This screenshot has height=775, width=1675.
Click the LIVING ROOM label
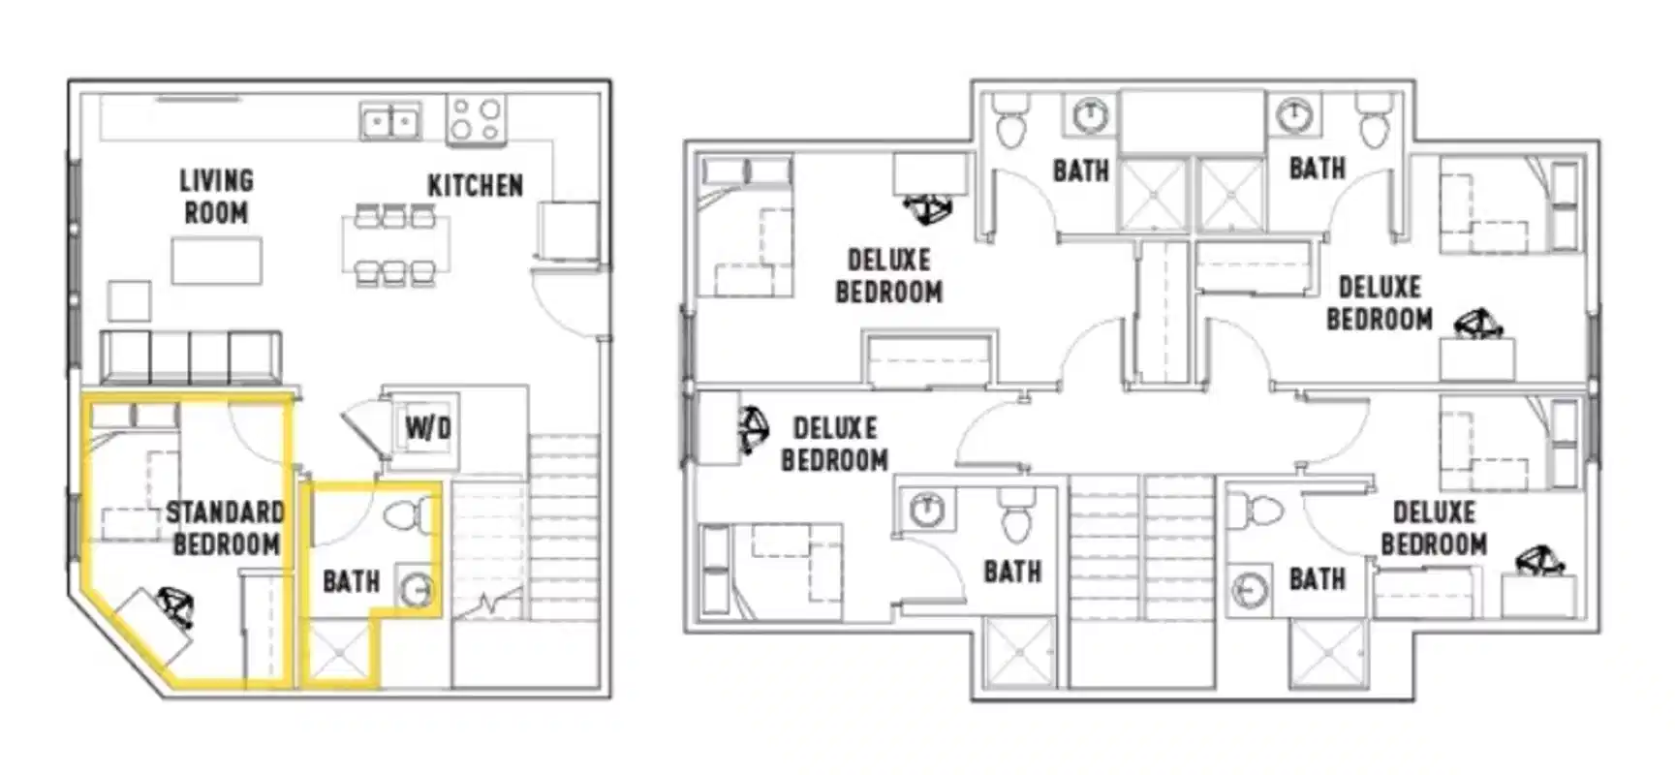tap(216, 197)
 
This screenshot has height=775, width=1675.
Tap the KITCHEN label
tap(475, 185)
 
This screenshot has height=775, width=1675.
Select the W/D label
tap(427, 427)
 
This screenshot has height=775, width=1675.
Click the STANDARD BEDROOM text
tap(226, 528)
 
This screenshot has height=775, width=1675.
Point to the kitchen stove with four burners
tap(476, 120)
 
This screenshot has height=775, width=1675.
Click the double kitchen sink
tap(390, 122)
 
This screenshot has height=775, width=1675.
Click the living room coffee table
tap(216, 260)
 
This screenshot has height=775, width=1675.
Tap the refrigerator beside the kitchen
tap(569, 230)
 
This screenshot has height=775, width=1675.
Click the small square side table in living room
tap(129, 300)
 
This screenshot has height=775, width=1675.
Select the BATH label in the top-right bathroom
tap(1317, 169)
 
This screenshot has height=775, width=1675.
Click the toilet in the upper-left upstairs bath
tap(1010, 122)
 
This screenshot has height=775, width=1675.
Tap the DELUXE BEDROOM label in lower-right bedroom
tap(1433, 528)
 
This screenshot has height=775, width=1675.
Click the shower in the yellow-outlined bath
tap(339, 652)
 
